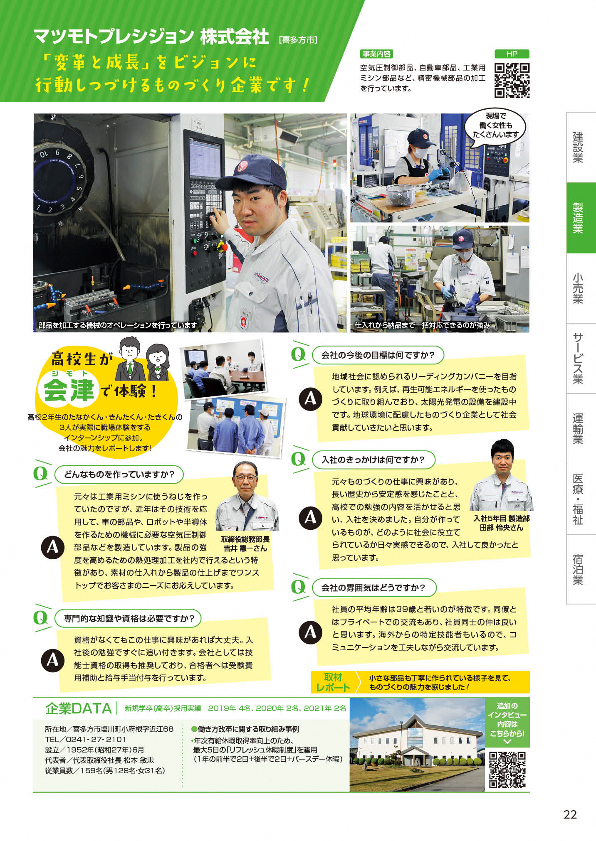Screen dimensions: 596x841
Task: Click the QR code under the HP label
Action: click(512, 80)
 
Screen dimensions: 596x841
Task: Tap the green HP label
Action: click(512, 54)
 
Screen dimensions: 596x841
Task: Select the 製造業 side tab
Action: click(581, 218)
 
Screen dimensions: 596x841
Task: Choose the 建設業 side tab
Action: click(581, 148)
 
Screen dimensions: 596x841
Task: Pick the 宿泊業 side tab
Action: click(581, 570)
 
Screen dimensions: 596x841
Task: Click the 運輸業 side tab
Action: click(581, 429)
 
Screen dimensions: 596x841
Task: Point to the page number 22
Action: click(570, 814)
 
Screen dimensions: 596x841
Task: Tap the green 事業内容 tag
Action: click(376, 54)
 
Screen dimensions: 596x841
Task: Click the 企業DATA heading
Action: click(79, 708)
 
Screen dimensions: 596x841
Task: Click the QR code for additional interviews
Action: click(507, 770)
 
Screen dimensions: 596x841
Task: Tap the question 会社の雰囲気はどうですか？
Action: click(373, 588)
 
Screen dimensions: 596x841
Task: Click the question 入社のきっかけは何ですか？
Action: click(373, 460)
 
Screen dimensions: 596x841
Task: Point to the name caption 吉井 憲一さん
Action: click(245, 548)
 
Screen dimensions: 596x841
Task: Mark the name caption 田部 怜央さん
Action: click(501, 528)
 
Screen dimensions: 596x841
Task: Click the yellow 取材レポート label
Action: click(333, 682)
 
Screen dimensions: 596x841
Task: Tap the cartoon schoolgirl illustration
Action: click(158, 362)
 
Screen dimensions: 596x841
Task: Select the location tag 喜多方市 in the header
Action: click(298, 40)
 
